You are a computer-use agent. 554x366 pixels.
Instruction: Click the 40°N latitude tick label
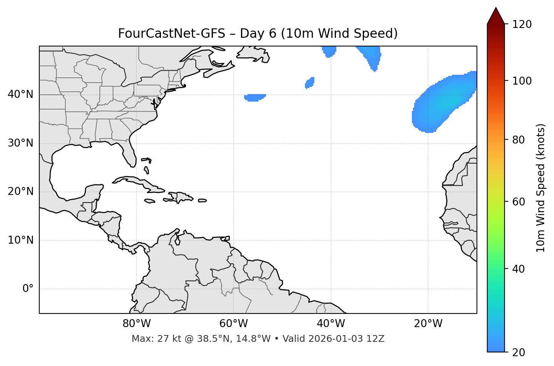coord(20,94)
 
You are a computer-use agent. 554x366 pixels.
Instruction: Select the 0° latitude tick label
coord(28,289)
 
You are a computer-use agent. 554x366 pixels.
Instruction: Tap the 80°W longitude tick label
coord(136,324)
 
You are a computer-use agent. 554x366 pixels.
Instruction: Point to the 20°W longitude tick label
coord(428,324)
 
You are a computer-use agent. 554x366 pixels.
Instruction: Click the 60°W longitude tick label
coord(233,324)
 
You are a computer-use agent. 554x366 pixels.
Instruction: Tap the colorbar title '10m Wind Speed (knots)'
coord(541,188)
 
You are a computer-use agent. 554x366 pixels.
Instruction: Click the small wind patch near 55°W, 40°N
coord(255,97)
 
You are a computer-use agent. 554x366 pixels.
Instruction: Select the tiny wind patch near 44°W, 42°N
coord(310,83)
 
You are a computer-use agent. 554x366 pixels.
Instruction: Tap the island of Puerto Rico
coord(202,201)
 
